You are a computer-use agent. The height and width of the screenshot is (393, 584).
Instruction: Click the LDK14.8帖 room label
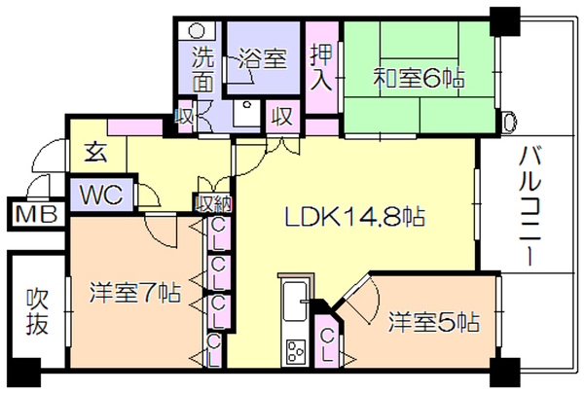click(x=354, y=217)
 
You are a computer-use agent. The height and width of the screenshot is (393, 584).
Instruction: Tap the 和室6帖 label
click(x=420, y=79)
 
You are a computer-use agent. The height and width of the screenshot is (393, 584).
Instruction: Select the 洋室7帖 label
click(x=135, y=293)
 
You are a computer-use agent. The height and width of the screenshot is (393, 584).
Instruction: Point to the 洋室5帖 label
click(x=434, y=322)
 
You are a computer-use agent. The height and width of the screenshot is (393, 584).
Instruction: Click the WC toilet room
click(x=101, y=195)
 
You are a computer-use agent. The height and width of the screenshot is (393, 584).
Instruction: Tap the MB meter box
click(x=37, y=215)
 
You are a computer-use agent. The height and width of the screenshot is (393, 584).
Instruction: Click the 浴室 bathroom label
click(x=263, y=58)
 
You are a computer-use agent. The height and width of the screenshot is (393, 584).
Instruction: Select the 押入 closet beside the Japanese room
click(x=321, y=67)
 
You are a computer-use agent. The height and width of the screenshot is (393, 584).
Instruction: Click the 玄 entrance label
click(x=95, y=152)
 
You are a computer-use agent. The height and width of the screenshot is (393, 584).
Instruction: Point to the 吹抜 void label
click(x=37, y=312)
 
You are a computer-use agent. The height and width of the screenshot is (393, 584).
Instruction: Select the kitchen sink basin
click(x=295, y=302)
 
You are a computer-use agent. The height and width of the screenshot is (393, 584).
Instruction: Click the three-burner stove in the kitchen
click(x=295, y=352)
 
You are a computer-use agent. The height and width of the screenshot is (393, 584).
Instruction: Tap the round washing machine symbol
click(x=197, y=30)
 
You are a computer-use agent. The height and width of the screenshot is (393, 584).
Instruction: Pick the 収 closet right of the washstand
click(x=282, y=116)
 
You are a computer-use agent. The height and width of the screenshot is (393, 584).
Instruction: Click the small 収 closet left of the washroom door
click(x=185, y=117)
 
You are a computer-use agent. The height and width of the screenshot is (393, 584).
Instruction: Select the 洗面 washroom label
click(x=203, y=69)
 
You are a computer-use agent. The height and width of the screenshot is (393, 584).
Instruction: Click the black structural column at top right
click(x=504, y=21)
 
